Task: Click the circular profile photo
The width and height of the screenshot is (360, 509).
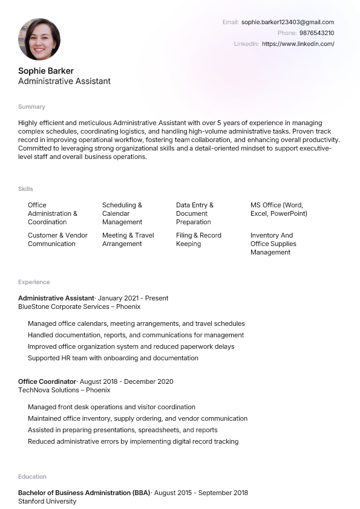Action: click(x=39, y=39)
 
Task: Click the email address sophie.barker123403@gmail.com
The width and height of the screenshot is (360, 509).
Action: click(x=287, y=22)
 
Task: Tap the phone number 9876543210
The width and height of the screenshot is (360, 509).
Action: click(x=316, y=33)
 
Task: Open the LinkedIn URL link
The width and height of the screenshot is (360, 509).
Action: click(x=298, y=44)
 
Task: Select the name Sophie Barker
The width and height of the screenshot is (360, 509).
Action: click(x=46, y=71)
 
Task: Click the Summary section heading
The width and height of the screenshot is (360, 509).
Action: click(x=31, y=106)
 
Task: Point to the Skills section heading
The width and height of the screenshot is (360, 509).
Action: click(x=25, y=189)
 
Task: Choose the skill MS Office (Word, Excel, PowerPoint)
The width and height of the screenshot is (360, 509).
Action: click(x=278, y=209)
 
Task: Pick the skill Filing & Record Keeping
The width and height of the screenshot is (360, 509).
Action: click(x=198, y=239)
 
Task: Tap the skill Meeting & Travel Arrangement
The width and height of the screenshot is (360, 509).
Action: click(x=128, y=239)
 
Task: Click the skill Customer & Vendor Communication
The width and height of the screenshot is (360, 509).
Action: click(x=57, y=239)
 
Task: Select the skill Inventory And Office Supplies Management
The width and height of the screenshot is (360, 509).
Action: click(x=273, y=244)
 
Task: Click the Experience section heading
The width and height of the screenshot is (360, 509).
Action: click(x=34, y=282)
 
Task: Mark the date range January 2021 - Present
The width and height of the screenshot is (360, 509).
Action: click(x=133, y=298)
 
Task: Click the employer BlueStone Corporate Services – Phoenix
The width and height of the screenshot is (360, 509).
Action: click(x=79, y=306)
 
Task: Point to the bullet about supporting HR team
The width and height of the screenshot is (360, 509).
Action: click(x=113, y=358)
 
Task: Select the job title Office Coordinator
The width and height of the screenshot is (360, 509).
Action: click(x=47, y=381)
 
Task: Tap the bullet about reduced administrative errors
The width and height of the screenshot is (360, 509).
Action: click(x=133, y=441)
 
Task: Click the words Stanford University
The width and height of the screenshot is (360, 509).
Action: click(x=47, y=501)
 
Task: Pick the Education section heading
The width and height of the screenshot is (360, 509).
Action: click(x=32, y=476)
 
